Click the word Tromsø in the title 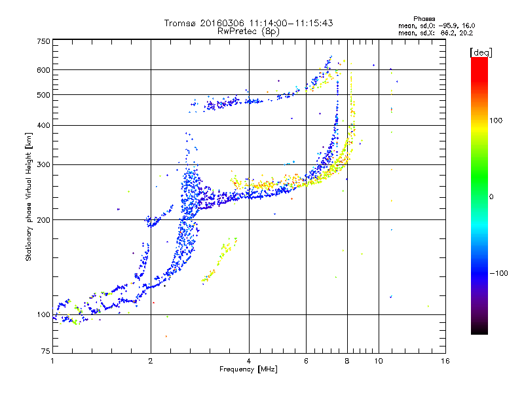[181, 23]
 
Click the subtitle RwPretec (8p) [248, 31]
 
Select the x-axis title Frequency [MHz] [248, 369]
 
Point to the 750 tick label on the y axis [44, 41]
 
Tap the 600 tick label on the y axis [44, 70]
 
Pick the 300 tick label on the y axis [44, 164]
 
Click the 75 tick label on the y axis [46, 351]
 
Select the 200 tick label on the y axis [44, 220]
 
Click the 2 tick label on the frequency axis [151, 361]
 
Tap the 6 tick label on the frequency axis [306, 361]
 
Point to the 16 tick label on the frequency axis [445, 361]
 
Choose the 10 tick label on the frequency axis [379, 361]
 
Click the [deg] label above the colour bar [481, 52]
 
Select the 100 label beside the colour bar [496, 121]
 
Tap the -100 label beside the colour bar [499, 273]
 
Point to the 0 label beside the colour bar [491, 197]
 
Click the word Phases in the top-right [424, 19]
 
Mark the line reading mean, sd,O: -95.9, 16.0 [437, 26]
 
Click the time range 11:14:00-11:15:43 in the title [291, 23]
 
